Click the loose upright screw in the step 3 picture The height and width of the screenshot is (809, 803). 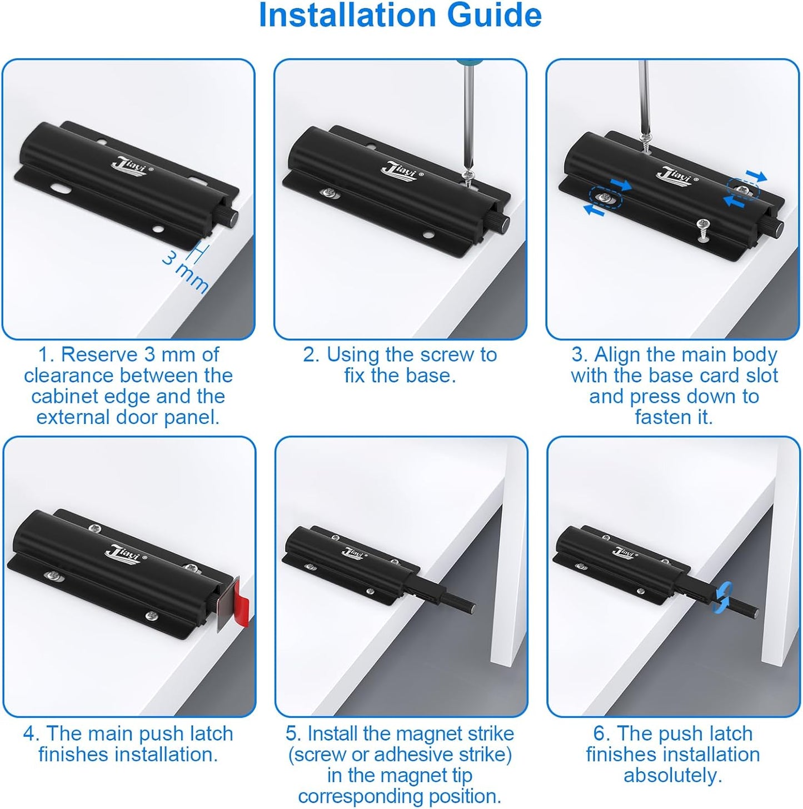(x=702, y=229)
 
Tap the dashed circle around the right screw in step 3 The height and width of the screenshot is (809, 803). (x=743, y=189)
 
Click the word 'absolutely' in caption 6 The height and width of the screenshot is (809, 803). (x=672, y=775)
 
